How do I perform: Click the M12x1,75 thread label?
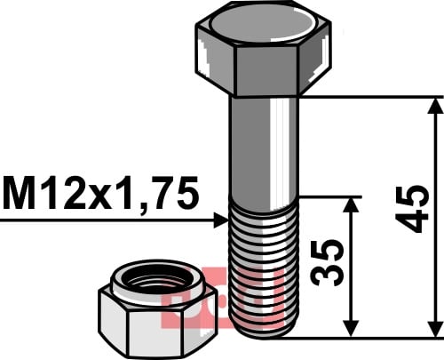coord(100,193)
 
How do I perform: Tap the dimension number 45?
coord(412,209)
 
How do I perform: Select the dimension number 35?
coord(327,262)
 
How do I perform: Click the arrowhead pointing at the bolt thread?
coord(221,220)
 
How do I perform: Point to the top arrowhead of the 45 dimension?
coord(436,106)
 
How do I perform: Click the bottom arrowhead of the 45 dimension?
coord(436,329)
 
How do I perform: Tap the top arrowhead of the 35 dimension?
coord(351,205)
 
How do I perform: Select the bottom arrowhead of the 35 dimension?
coord(351,329)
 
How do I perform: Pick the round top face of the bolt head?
coord(263,25)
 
